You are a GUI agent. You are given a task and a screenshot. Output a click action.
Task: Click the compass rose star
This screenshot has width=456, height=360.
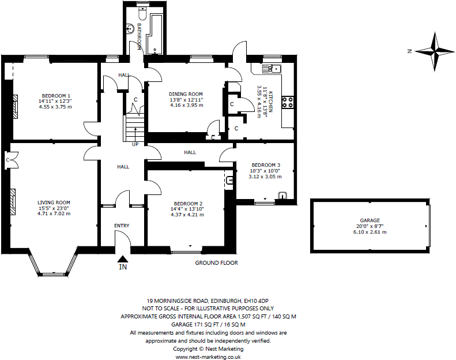[435, 51]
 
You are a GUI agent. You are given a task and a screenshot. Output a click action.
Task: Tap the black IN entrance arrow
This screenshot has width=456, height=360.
[123, 258]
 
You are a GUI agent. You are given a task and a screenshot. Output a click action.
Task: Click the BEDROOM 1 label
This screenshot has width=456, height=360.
[56, 96]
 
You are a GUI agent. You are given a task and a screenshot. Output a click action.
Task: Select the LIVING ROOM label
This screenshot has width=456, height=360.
[54, 202]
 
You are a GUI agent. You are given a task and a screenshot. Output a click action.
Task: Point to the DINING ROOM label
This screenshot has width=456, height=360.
[186, 94]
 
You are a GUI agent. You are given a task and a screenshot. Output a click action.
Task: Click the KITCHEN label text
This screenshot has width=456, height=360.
[270, 102]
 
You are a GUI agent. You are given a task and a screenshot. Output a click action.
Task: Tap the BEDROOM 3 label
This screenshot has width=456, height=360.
[266, 165]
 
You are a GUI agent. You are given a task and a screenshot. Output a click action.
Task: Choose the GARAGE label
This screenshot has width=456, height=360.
[370, 220]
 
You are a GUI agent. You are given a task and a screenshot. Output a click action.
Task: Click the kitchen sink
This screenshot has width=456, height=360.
[272, 69]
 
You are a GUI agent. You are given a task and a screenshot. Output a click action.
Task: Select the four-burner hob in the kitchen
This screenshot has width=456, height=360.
[288, 102]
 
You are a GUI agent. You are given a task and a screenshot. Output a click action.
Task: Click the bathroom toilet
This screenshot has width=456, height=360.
[143, 12]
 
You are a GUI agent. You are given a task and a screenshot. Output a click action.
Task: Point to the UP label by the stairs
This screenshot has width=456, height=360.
[135, 144]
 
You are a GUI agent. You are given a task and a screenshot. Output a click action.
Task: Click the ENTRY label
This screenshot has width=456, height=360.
[122, 226]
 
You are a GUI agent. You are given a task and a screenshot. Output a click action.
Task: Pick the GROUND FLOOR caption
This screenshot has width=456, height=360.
[216, 263]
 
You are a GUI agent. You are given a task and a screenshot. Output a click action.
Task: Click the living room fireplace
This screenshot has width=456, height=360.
[13, 202]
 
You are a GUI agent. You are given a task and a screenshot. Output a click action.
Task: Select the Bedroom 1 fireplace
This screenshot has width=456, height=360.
[15, 106]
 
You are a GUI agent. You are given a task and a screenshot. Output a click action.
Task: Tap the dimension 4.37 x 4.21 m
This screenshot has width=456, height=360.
[187, 215]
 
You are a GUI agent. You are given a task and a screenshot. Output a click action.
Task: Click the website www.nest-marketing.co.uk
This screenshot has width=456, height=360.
[208, 357]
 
